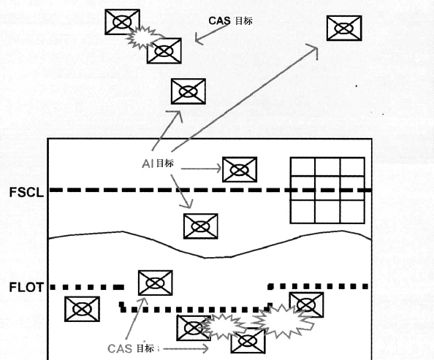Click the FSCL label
pyautogui.click(x=26, y=192)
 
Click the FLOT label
pyautogui.click(x=26, y=287)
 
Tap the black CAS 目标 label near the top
pyautogui.click(x=230, y=20)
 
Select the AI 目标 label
pyautogui.click(x=158, y=164)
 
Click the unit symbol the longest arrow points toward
pyautogui.click(x=344, y=28)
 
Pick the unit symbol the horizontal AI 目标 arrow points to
pyautogui.click(x=240, y=169)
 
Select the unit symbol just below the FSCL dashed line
pyautogui.click(x=201, y=226)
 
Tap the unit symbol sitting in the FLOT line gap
pyautogui.click(x=156, y=283)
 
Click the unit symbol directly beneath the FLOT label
pyautogui.click(x=82, y=309)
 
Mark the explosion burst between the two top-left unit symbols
pyautogui.click(x=142, y=38)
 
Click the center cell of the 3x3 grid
pyautogui.click(x=327, y=188)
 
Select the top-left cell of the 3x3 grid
pyautogui.click(x=302, y=167)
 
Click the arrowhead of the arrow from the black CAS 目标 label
pyautogui.click(x=198, y=39)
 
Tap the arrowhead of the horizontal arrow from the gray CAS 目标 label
pyautogui.click(x=205, y=348)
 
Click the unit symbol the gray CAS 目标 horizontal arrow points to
pyautogui.click(x=248, y=341)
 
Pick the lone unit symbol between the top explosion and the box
pyautogui.click(x=189, y=91)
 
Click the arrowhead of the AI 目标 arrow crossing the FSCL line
pyautogui.click(x=187, y=204)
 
